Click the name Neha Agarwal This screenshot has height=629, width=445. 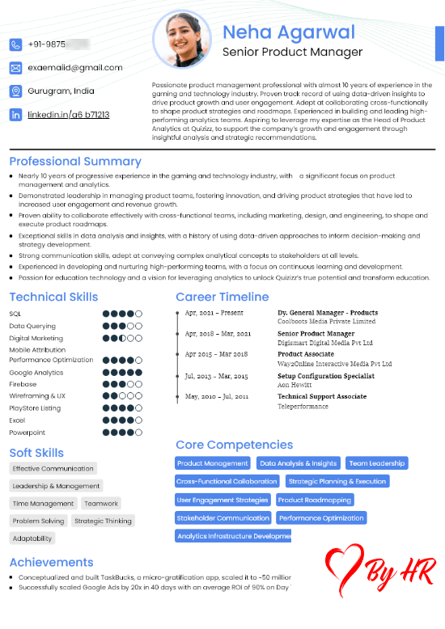(x=289, y=32)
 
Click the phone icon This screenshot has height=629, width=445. (x=16, y=44)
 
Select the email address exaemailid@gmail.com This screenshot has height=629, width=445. (x=75, y=68)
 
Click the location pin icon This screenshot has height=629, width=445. (x=16, y=91)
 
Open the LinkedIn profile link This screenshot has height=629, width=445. (x=69, y=115)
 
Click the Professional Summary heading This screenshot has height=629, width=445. (x=75, y=162)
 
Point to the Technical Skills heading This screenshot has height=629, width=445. (x=53, y=297)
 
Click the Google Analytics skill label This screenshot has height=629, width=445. (x=36, y=372)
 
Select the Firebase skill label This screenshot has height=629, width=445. (x=23, y=384)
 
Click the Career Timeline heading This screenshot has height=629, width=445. (x=222, y=297)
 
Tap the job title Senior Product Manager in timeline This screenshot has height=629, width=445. (x=316, y=333)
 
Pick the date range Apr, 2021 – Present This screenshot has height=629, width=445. (x=214, y=312)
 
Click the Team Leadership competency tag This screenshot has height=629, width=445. (x=377, y=463)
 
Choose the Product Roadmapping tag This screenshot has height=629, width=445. (x=315, y=500)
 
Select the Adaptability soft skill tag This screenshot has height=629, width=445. (x=32, y=538)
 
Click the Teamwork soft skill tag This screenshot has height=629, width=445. (x=101, y=504)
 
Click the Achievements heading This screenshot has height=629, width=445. (x=51, y=562)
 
